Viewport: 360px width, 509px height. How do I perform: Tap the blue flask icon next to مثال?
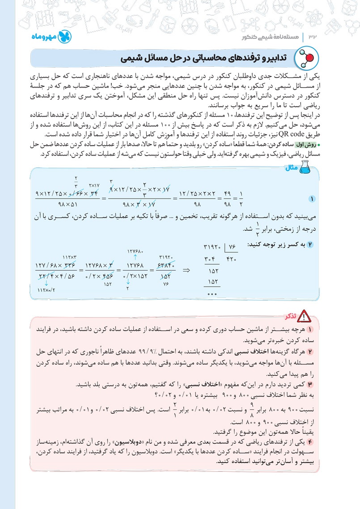point(305,168)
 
